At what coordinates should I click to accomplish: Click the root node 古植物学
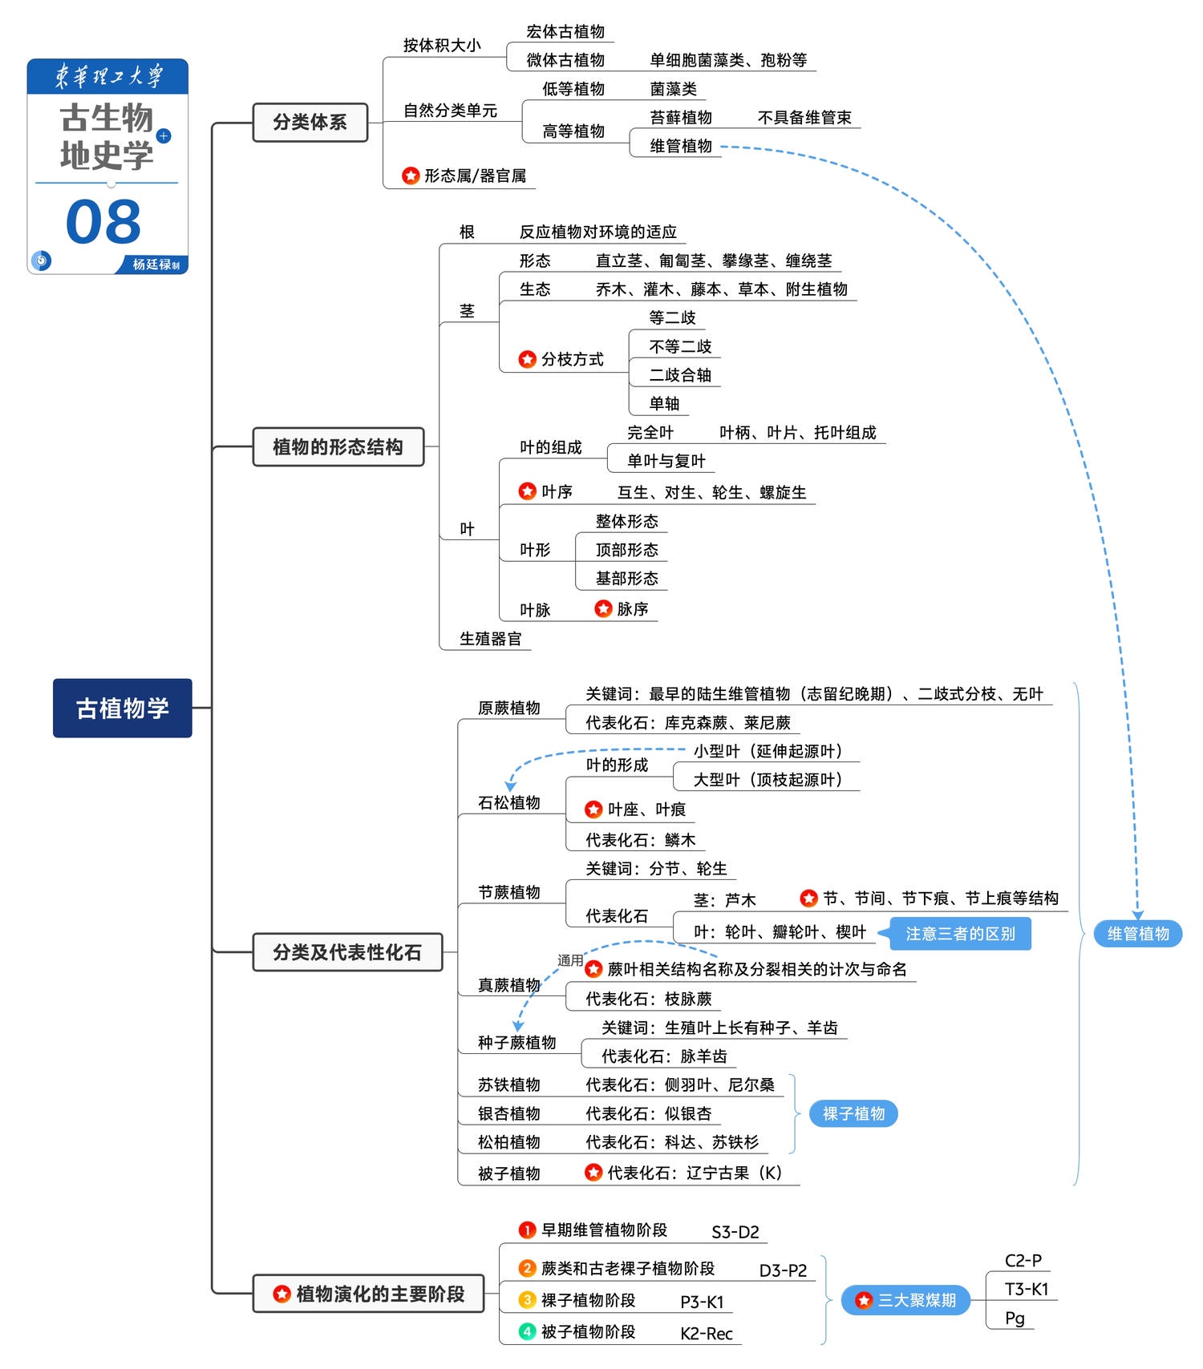(x=123, y=708)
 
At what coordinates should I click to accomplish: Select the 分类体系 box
(x=310, y=123)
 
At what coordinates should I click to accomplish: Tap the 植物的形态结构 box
(x=338, y=447)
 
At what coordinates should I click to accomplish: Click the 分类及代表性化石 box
(x=347, y=952)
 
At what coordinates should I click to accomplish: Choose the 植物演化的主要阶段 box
(x=369, y=1294)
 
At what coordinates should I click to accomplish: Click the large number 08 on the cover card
(x=103, y=222)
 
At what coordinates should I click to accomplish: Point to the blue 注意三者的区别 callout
(x=960, y=934)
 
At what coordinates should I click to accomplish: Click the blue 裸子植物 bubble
(x=853, y=1113)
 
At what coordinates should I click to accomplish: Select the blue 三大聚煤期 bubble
(x=906, y=1300)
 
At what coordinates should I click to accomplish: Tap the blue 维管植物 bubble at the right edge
(x=1138, y=934)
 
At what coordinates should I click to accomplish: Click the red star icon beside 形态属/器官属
(x=411, y=176)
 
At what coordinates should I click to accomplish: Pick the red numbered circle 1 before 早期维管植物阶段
(x=527, y=1230)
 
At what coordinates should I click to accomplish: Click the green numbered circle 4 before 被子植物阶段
(x=527, y=1331)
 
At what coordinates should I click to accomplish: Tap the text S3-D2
(x=735, y=1232)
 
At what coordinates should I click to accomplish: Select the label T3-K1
(x=1027, y=1289)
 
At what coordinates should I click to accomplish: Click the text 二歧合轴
(x=680, y=375)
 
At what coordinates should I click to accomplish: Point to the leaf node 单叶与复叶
(x=666, y=461)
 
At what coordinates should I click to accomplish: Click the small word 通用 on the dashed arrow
(x=570, y=960)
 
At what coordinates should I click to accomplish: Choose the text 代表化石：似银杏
(x=648, y=1113)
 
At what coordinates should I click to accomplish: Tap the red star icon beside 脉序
(x=603, y=609)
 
